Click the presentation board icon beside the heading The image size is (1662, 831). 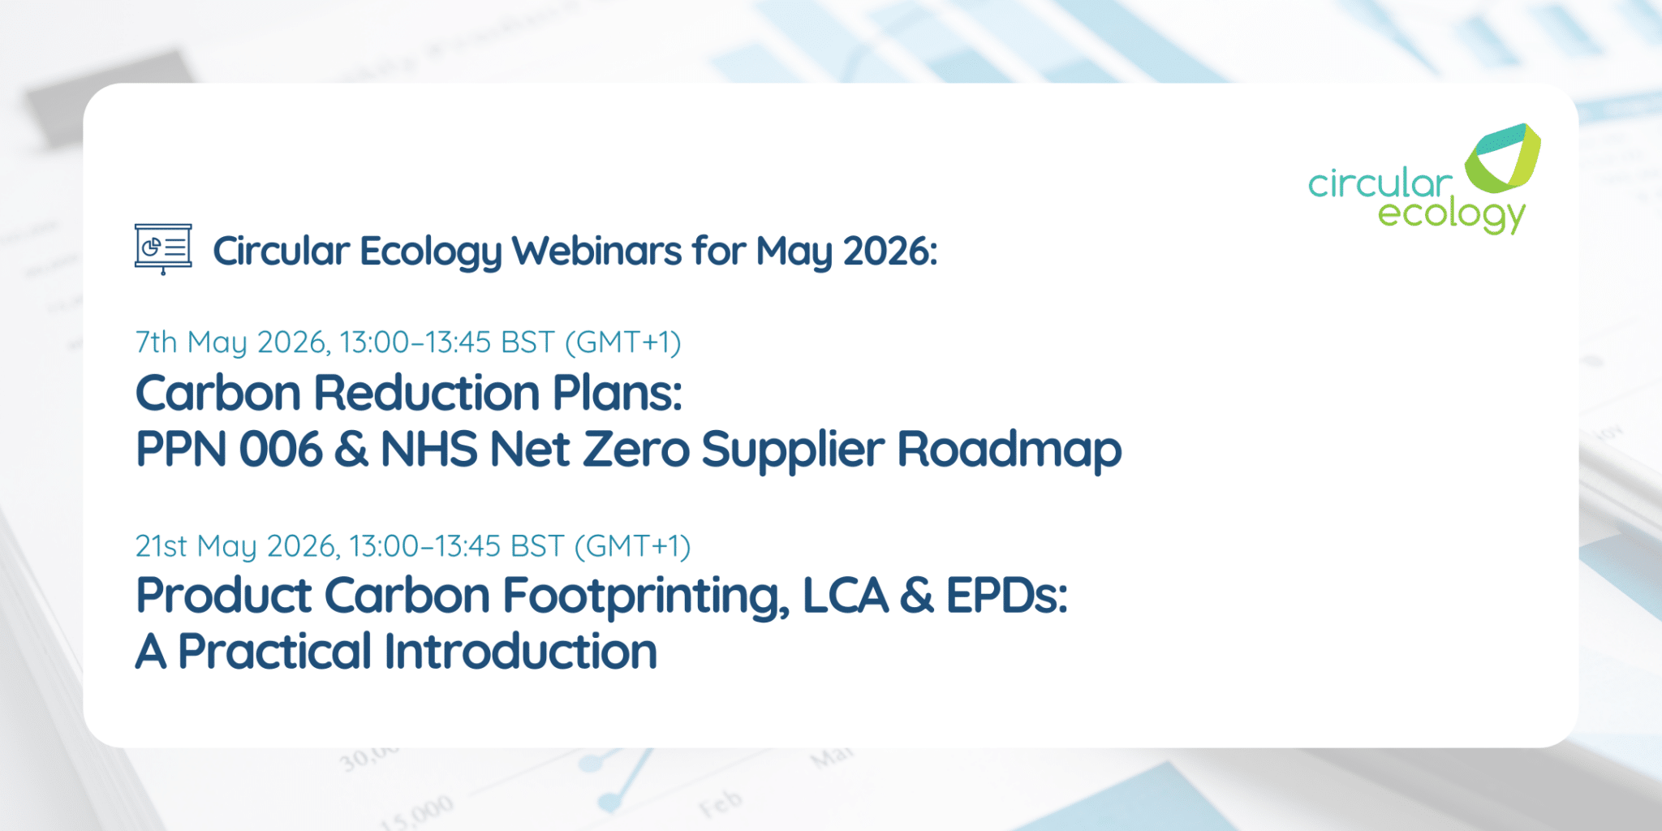pos(163,248)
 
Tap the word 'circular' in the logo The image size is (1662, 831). pos(1379,184)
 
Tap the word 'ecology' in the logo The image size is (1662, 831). pos(1451,215)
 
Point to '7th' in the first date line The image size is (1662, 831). pos(156,342)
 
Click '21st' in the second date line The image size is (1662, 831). pos(161,546)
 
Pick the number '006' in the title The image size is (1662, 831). pos(281,450)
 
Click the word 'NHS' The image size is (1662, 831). pos(428,450)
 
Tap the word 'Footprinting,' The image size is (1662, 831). pos(646,596)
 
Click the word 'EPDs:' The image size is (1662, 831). pos(1006,596)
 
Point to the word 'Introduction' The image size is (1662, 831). pos(520,652)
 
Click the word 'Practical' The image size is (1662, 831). pos(274,652)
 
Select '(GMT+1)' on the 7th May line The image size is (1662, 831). pos(622,342)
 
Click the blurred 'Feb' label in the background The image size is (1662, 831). pos(721,803)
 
